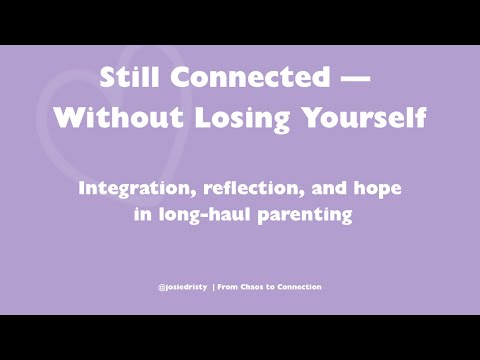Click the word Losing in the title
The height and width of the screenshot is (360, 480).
click(223, 117)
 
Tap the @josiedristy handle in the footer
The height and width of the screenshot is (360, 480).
click(183, 287)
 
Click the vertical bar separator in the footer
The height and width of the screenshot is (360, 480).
click(214, 287)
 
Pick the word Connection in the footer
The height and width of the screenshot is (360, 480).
click(300, 287)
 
